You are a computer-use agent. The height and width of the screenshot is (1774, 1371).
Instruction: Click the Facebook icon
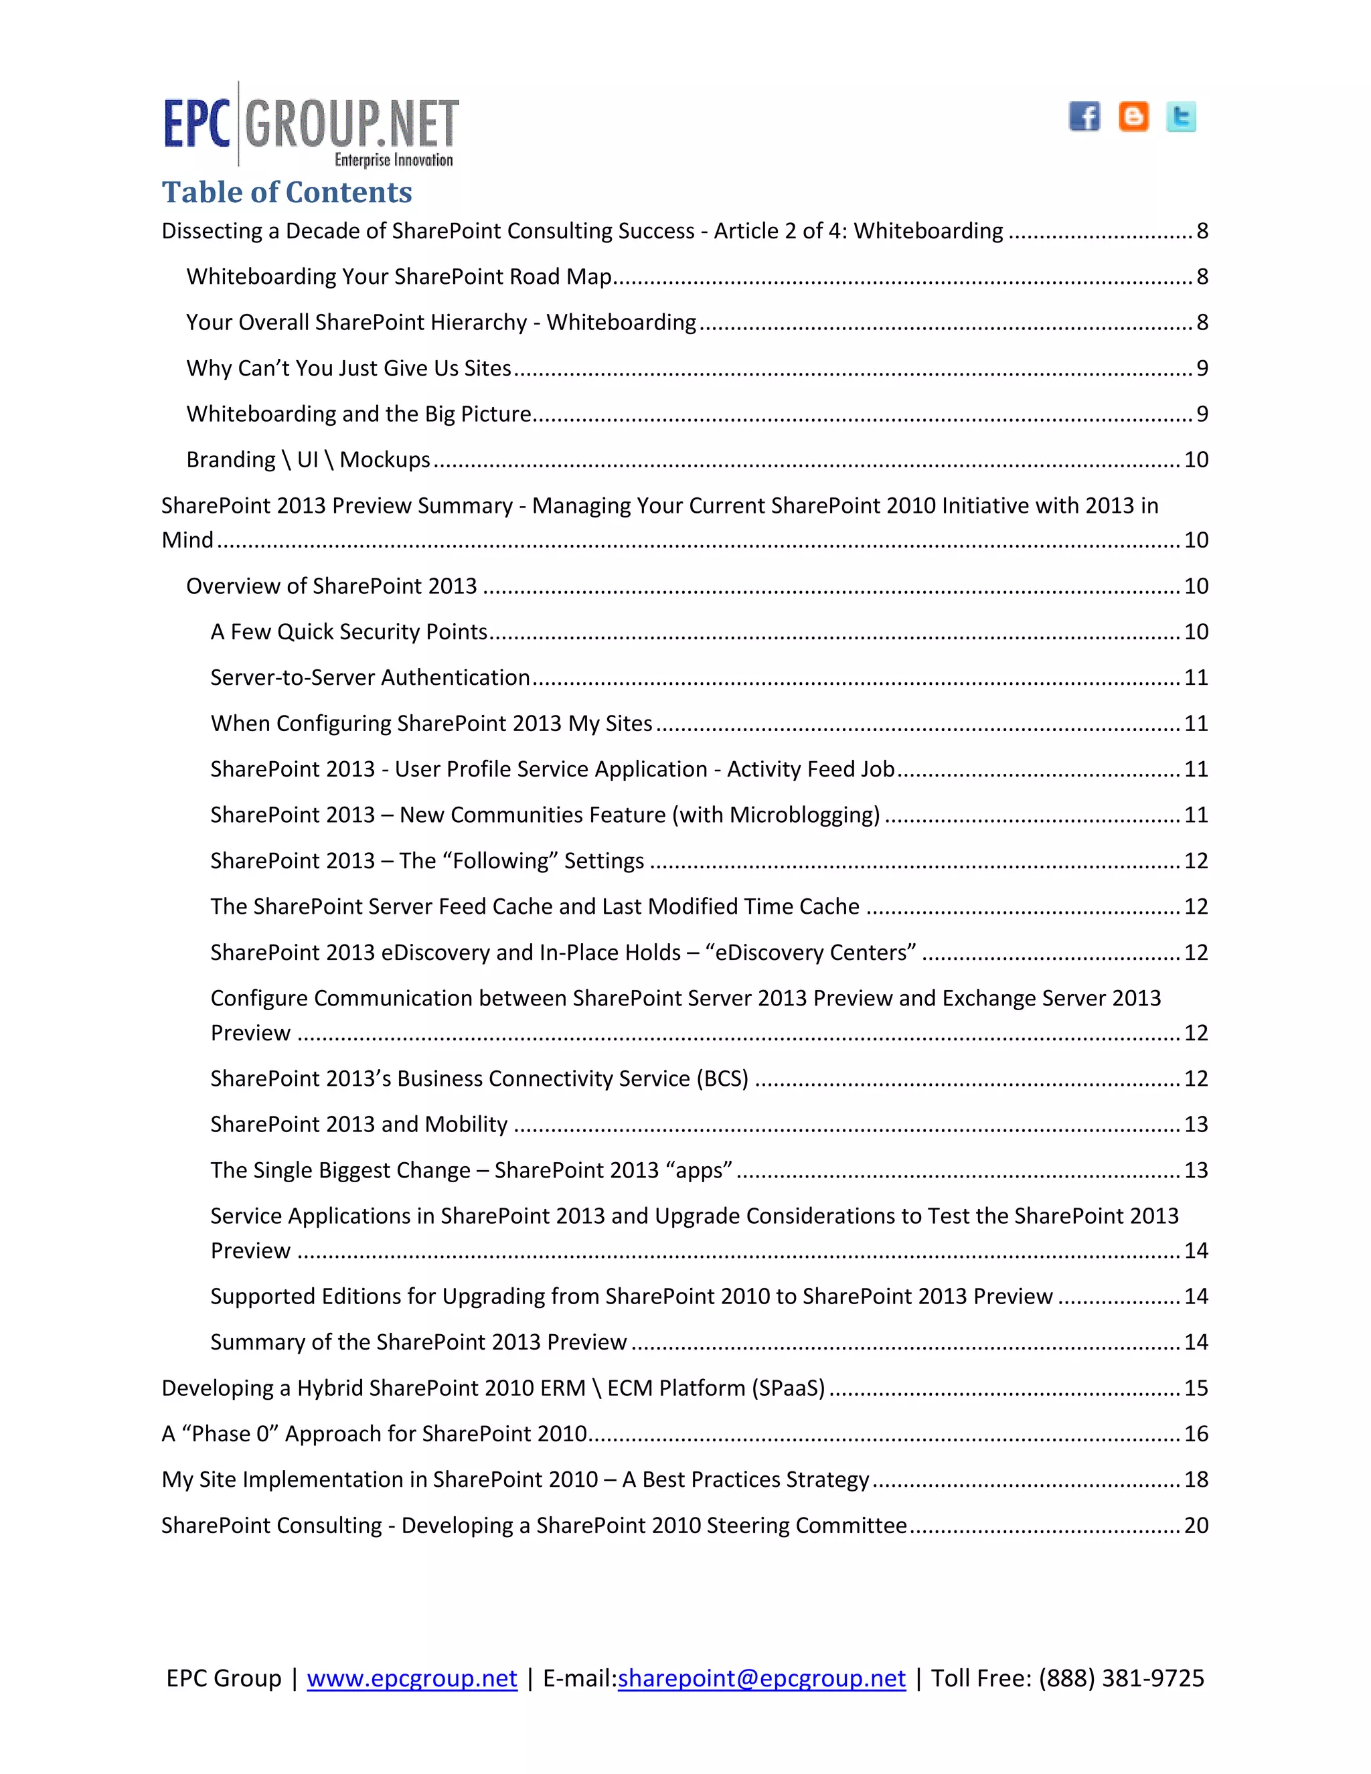[x=1084, y=116]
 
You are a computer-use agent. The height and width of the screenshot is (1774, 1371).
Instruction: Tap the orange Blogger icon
[x=1133, y=116]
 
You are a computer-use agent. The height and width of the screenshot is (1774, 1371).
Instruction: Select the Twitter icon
[x=1181, y=117]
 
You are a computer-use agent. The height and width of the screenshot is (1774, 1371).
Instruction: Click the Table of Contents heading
[x=287, y=193]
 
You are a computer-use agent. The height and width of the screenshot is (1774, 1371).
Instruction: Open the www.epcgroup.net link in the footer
[x=412, y=1678]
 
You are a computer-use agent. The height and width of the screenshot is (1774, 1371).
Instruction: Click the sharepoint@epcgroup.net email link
[x=761, y=1678]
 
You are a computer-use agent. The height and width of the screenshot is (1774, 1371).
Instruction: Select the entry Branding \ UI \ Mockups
[x=308, y=460]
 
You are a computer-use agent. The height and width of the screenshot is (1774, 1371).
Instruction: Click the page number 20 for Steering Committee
[x=1196, y=1526]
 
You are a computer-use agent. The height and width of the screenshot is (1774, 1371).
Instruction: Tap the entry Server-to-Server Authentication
[x=370, y=677]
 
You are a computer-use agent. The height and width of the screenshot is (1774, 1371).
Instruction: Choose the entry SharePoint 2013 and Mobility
[x=358, y=1124]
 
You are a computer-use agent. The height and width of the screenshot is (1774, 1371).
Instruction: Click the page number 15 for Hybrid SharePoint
[x=1196, y=1388]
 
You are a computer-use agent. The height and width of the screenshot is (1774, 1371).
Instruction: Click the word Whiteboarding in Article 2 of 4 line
[x=929, y=232]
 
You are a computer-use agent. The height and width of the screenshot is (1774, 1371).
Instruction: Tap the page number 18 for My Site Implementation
[x=1196, y=1480]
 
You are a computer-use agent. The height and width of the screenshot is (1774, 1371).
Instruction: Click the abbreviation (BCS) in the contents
[x=722, y=1078]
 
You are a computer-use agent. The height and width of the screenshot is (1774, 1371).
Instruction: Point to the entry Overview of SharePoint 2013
[x=331, y=586]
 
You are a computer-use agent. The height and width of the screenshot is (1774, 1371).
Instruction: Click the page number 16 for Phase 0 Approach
[x=1196, y=1434]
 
